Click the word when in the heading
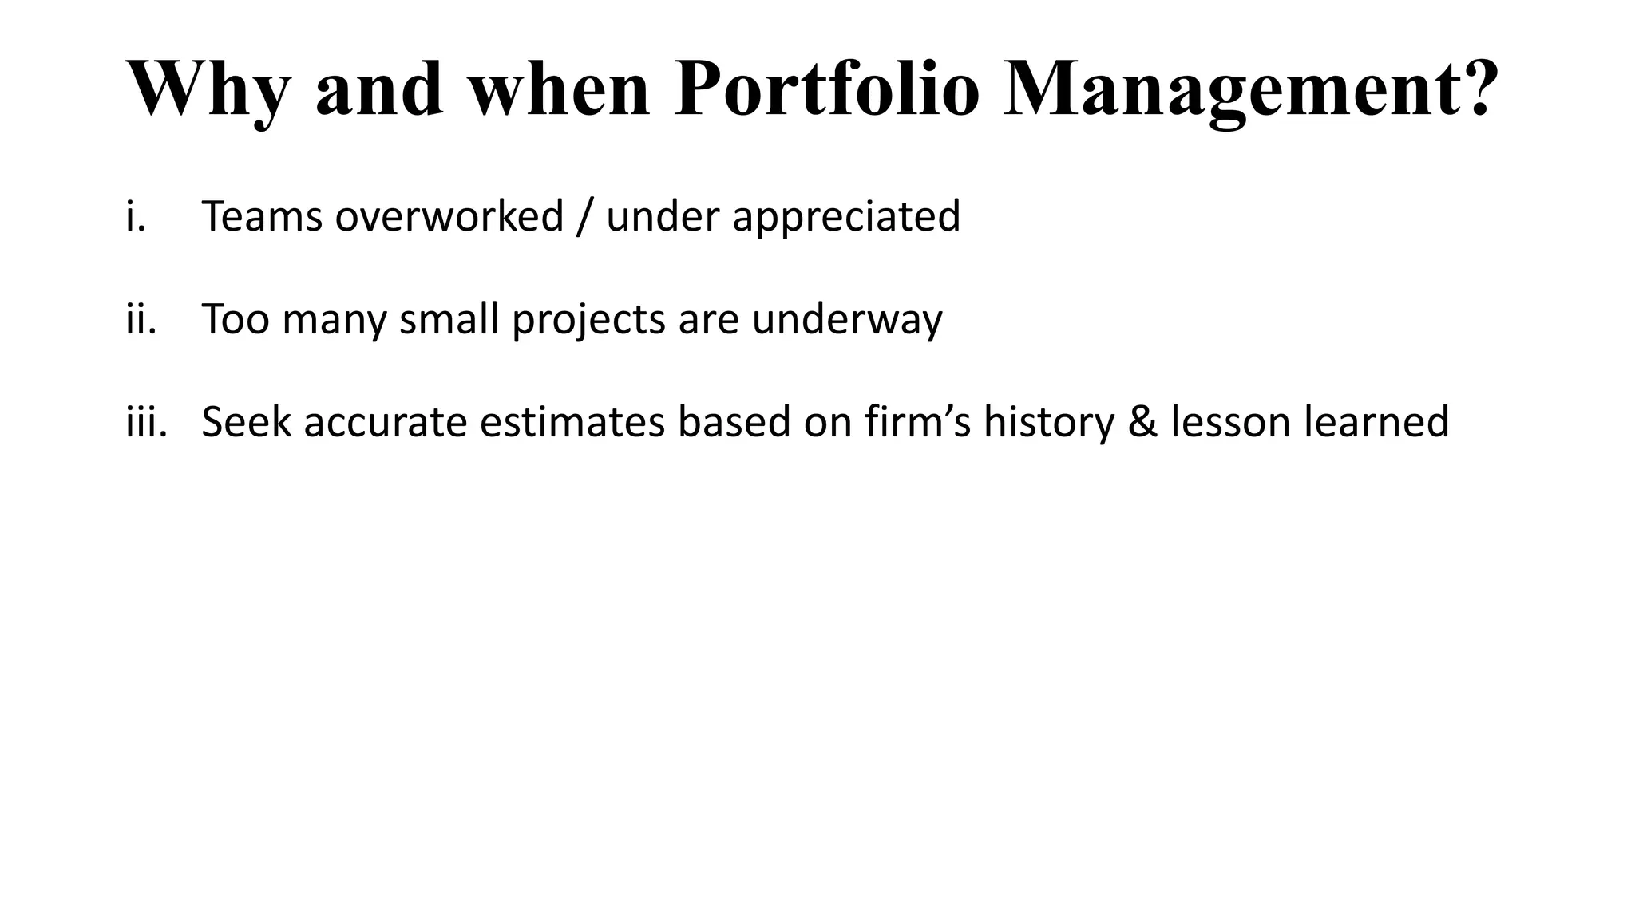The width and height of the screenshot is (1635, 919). pyautogui.click(x=559, y=89)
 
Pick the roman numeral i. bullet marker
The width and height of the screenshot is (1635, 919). pyautogui.click(x=136, y=216)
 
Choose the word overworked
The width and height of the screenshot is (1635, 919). pyautogui.click(x=449, y=216)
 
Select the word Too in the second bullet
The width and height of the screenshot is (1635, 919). pyautogui.click(x=235, y=319)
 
